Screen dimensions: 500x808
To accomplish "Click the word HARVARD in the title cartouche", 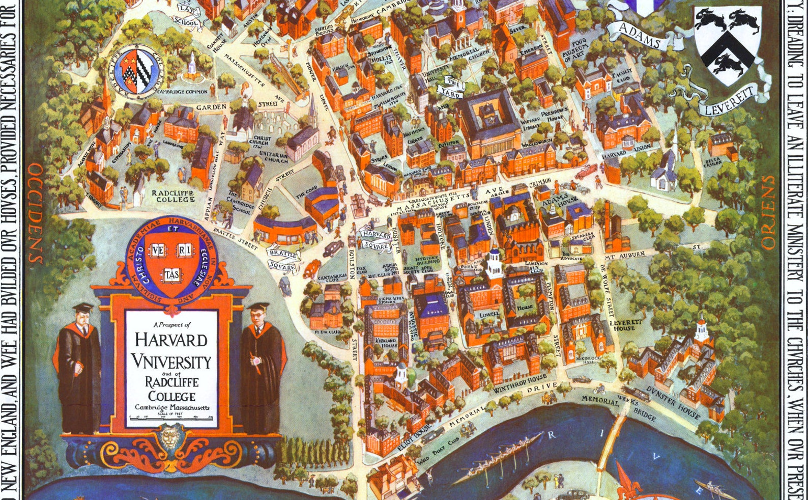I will tap(171, 340).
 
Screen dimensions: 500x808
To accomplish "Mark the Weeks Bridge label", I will tap(637, 407).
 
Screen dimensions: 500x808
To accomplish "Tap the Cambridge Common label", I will tap(182, 92).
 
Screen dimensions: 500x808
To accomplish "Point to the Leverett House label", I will tap(622, 325).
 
